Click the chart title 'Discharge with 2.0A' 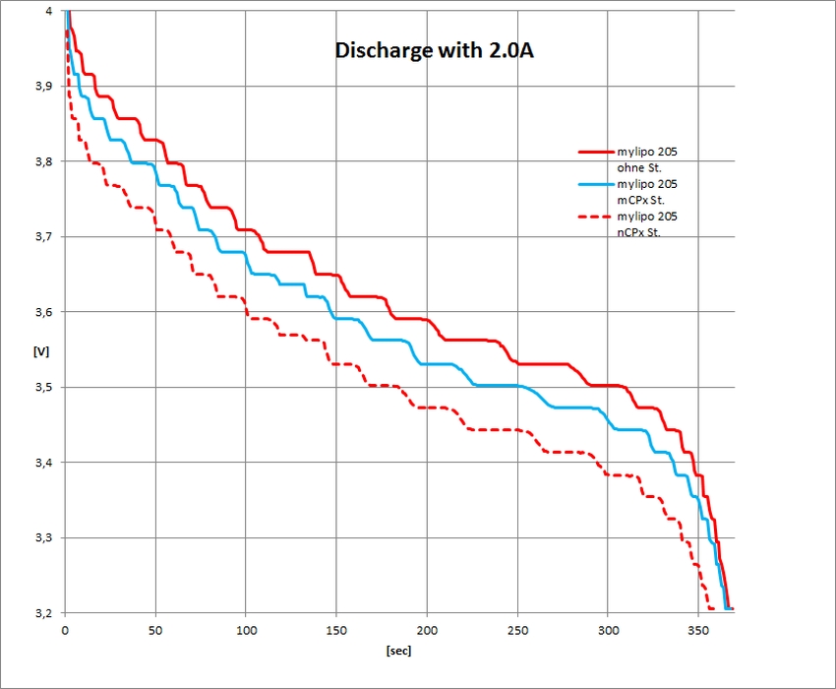click(435, 50)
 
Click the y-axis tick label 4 click(49, 11)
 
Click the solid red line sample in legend click(594, 153)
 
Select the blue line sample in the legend click(594, 184)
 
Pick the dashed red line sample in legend click(594, 217)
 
